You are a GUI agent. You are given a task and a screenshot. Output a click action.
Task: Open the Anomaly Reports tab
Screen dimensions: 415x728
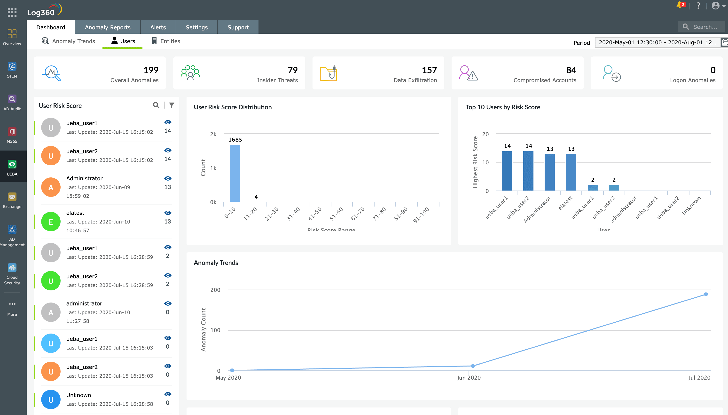point(107,27)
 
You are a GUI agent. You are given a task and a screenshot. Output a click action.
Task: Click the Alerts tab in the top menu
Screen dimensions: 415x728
point(158,27)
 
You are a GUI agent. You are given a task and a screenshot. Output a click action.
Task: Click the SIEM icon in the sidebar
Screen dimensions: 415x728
point(12,67)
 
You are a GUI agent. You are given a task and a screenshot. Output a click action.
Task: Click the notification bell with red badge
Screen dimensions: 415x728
point(680,5)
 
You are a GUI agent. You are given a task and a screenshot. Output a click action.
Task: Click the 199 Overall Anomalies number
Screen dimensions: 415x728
point(151,70)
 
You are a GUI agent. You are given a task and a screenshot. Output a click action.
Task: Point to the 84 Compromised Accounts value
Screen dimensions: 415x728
point(571,70)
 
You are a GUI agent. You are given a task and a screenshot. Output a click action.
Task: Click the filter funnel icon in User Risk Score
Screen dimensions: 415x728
point(172,105)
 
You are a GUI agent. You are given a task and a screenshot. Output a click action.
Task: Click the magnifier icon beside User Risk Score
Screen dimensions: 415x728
point(156,105)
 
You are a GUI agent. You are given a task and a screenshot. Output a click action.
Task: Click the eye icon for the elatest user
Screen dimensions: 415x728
point(168,213)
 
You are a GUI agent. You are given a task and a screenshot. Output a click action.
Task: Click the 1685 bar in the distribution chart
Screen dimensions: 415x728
point(235,173)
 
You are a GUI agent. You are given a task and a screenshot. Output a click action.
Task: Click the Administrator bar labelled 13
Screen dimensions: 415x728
point(549,172)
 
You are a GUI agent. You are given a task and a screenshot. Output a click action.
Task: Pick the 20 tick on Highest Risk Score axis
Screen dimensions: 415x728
point(485,134)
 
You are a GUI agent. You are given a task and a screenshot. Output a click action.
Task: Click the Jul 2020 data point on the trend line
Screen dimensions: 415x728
point(705,294)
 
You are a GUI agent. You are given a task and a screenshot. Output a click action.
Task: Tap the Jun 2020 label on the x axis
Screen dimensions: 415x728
point(469,378)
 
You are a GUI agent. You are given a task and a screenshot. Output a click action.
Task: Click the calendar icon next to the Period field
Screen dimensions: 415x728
point(725,43)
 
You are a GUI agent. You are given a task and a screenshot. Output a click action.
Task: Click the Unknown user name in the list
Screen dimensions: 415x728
point(78,395)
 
